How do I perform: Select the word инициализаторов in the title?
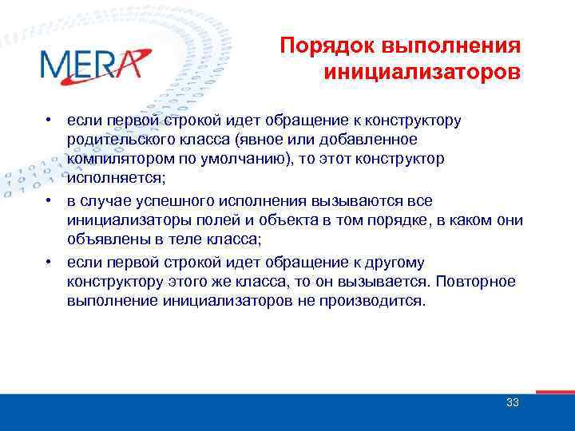click(422, 73)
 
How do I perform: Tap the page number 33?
click(512, 403)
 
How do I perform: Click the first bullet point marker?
click(50, 121)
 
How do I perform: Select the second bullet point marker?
click(50, 199)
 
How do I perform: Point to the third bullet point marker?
click(50, 262)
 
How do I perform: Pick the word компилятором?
click(117, 158)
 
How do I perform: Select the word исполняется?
click(106, 178)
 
